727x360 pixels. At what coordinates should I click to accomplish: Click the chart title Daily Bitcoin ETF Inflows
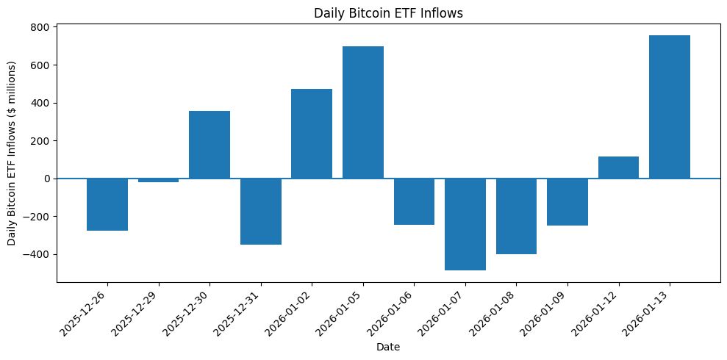(387, 12)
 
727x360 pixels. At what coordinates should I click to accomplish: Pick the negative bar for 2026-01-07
(465, 224)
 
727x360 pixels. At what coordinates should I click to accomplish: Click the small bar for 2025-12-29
(158, 180)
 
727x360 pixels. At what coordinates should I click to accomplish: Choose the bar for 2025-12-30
(209, 145)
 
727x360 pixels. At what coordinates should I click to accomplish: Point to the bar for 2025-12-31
(260, 212)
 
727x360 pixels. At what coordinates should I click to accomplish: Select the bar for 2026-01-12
(618, 168)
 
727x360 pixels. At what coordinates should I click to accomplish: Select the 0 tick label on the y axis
(48, 179)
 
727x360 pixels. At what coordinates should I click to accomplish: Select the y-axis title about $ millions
(12, 153)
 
